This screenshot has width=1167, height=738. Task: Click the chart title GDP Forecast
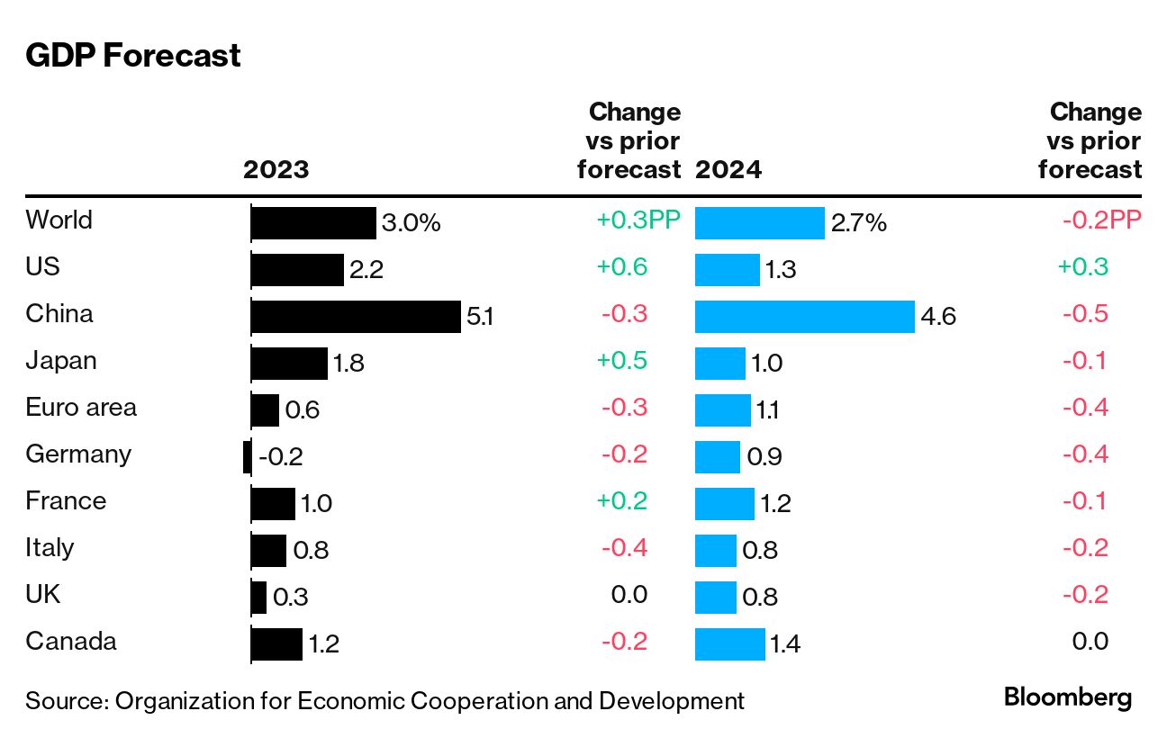133,56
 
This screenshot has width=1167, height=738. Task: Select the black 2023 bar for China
356,317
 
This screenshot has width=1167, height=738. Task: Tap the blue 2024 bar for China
804,317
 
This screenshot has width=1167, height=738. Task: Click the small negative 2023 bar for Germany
247,457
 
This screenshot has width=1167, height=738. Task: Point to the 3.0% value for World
412,223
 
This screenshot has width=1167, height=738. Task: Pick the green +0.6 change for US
622,267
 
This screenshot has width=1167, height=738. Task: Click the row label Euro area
81,407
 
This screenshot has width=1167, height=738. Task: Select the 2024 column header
728,169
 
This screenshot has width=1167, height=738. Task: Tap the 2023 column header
276,169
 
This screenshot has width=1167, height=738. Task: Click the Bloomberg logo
1068,697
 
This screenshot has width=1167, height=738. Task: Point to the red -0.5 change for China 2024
1085,314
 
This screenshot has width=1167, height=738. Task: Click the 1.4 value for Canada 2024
784,643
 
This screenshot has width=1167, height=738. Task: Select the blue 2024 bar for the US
728,270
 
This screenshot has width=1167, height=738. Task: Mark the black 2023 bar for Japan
289,364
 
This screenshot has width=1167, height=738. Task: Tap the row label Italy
50,547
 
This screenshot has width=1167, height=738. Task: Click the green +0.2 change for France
622,501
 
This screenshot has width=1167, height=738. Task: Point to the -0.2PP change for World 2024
1101,220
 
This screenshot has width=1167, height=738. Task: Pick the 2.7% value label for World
859,223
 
